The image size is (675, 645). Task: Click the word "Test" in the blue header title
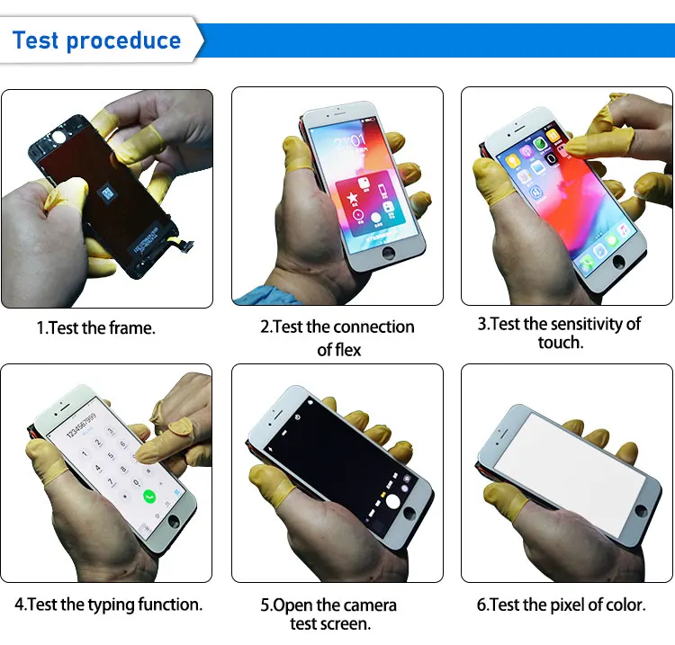tap(37, 40)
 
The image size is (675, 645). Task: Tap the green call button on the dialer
tap(149, 496)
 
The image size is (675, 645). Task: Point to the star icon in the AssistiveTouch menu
tap(354, 195)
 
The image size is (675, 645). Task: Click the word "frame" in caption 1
tap(134, 328)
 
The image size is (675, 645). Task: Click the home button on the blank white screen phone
tap(641, 510)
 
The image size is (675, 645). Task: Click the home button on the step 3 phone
tap(617, 262)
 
